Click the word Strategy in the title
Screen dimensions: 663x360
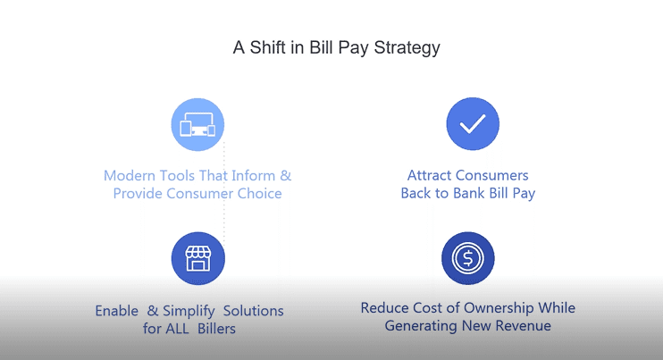(407, 47)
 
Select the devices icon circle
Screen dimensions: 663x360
(197, 125)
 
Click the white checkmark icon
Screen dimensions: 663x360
(473, 124)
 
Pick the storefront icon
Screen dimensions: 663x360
(197, 258)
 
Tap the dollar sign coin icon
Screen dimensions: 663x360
(467, 258)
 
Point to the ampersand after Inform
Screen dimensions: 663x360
(286, 176)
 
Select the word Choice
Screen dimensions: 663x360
(260, 194)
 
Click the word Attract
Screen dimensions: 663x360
(430, 175)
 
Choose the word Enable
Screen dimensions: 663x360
(117, 311)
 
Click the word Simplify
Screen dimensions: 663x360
(189, 312)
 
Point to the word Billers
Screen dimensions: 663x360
(216, 329)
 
